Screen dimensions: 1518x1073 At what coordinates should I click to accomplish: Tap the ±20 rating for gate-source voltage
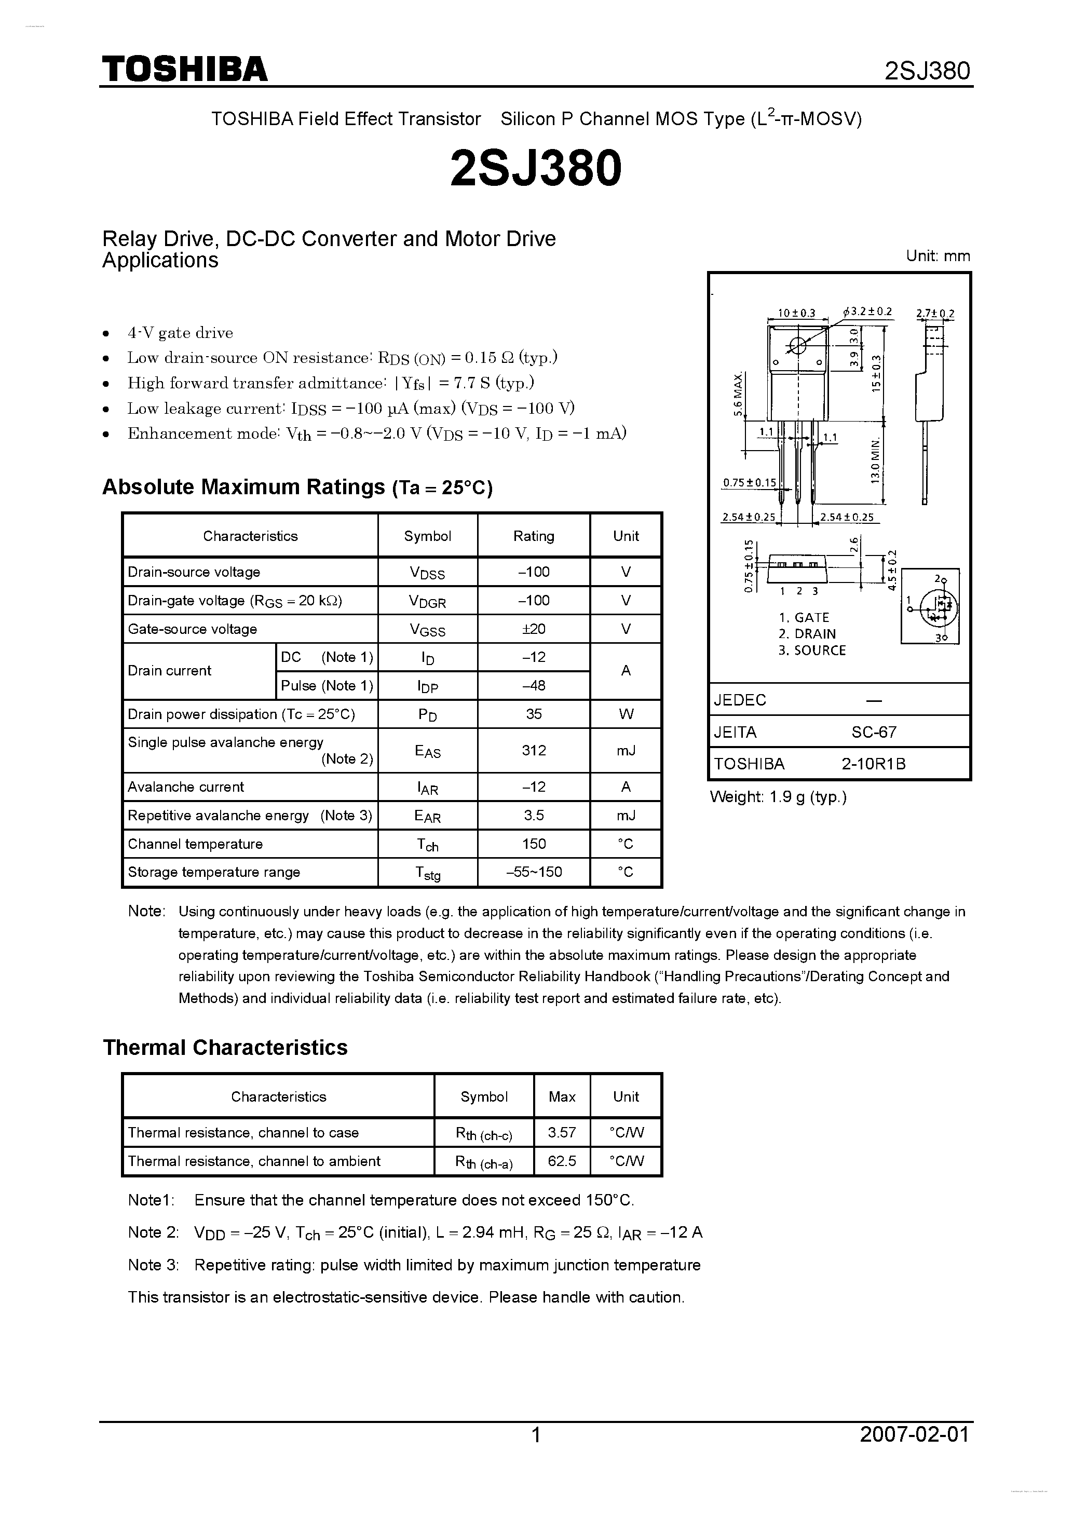coord(534,629)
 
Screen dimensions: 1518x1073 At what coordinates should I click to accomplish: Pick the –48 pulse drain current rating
coord(534,686)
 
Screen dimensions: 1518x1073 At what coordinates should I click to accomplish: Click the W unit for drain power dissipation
coord(626,714)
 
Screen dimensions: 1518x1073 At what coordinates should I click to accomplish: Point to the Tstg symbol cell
coord(428,873)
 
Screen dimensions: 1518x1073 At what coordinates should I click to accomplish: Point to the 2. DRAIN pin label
coord(807,633)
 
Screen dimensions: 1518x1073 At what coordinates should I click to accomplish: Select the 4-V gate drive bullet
coord(180,333)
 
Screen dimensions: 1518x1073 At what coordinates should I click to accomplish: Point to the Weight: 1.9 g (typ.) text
coord(778,797)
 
